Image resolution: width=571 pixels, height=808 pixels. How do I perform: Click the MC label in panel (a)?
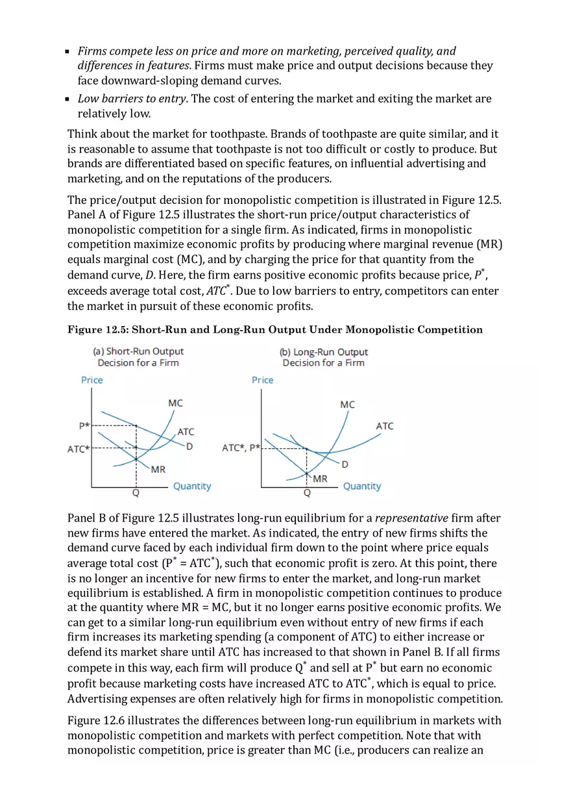(x=175, y=403)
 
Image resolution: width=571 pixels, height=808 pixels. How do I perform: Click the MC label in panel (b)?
(x=347, y=404)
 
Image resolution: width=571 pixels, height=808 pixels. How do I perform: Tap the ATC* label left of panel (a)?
(x=78, y=449)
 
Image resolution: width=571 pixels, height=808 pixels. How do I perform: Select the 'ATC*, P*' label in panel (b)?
(x=241, y=448)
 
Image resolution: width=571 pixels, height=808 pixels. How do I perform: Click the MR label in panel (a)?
(x=158, y=469)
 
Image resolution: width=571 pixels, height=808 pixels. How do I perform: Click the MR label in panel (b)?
(x=320, y=479)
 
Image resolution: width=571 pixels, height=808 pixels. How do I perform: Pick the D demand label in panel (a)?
(x=189, y=446)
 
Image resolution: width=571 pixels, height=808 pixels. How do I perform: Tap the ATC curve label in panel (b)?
(x=384, y=426)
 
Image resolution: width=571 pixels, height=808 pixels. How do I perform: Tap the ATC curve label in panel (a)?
(x=186, y=431)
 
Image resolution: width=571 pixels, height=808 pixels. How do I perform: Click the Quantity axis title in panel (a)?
(x=192, y=486)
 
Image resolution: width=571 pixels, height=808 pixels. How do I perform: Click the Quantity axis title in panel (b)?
(x=362, y=486)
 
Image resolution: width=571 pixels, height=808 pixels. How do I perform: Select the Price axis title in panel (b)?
(x=263, y=380)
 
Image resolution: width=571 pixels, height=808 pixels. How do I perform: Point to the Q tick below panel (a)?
(x=136, y=493)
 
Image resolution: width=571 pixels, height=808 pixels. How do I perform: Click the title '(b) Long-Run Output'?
(x=324, y=351)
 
